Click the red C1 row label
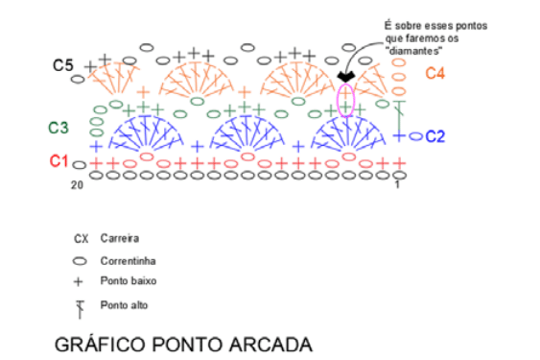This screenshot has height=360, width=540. coord(59,160)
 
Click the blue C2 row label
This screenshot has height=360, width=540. coord(435,136)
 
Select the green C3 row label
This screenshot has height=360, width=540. coord(59,128)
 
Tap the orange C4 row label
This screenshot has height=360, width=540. coord(434,73)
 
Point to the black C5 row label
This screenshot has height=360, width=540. coord(63,65)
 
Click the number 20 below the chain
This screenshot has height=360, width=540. coord(77,185)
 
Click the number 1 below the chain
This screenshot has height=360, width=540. coord(397,185)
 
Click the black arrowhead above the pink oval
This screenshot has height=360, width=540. coord(346,77)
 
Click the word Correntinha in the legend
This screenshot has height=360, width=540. coord(128,261)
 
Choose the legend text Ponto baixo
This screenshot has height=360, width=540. coord(129,281)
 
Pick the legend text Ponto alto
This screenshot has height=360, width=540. coord(124,305)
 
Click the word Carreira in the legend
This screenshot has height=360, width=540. coord(120,238)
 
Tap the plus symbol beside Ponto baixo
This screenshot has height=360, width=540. coord(79,282)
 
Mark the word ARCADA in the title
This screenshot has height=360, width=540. coord(271,345)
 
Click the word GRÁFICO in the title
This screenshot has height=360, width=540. coord(100,344)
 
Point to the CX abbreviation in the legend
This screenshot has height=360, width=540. coord(82,239)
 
